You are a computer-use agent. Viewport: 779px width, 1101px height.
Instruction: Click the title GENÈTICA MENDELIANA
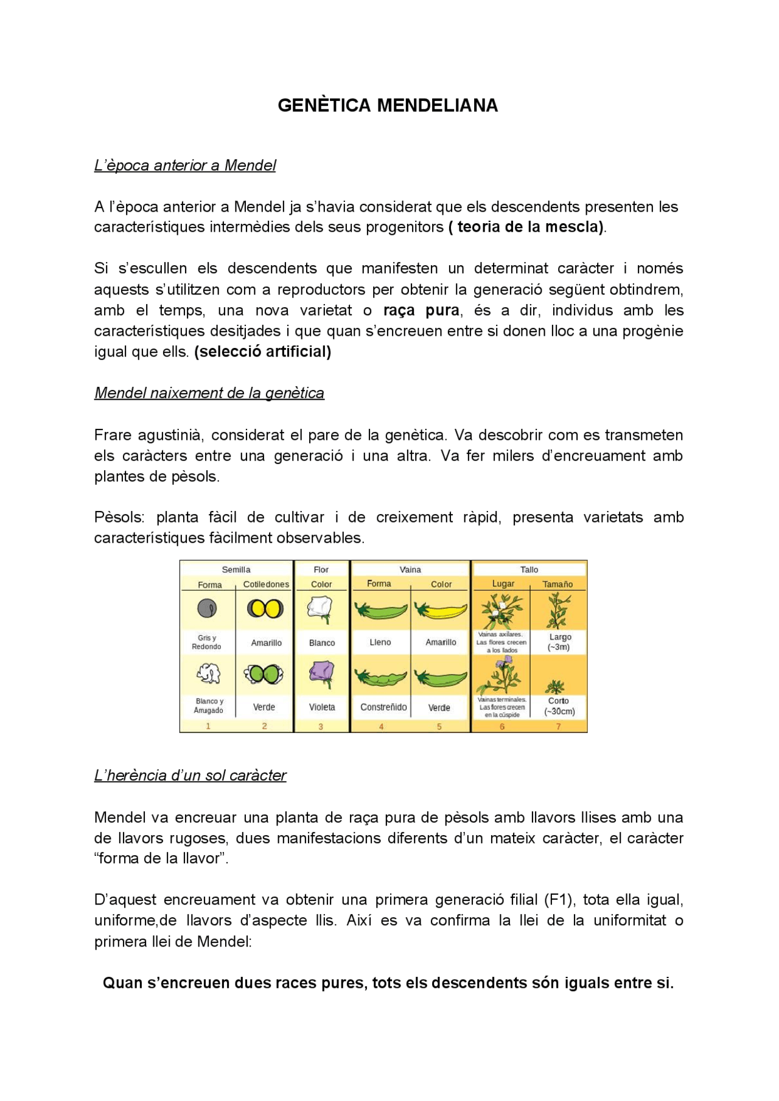tap(388, 105)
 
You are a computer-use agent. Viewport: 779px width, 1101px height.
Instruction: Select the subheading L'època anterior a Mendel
tap(185, 165)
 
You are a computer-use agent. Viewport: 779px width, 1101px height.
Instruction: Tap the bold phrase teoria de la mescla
tap(527, 227)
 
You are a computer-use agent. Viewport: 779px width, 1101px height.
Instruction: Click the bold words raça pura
tap(421, 310)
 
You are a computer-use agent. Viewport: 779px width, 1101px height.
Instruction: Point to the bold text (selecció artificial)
tap(262, 352)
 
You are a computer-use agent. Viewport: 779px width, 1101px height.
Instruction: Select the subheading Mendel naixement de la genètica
tap(209, 393)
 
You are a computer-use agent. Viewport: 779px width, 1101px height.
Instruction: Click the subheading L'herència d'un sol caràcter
tap(190, 776)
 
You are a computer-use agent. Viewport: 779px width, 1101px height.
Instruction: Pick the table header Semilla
tap(236, 570)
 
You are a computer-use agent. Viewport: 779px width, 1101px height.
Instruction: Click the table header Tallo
tap(529, 570)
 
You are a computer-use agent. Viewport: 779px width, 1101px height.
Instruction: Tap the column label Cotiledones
tap(266, 585)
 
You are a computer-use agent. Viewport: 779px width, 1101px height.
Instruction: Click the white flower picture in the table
tap(321, 609)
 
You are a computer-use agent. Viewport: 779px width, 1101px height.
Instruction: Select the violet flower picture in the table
tap(321, 675)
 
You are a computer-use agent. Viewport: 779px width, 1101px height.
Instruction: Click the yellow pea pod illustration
tap(441, 610)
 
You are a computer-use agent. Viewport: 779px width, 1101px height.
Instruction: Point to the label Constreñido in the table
tap(383, 707)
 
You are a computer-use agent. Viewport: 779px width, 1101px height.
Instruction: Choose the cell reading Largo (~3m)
tap(559, 642)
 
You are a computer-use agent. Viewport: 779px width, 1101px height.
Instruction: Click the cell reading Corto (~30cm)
tap(559, 706)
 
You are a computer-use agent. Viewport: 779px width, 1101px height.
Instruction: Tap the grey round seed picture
tap(207, 608)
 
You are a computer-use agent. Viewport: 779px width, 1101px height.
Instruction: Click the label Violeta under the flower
tap(322, 707)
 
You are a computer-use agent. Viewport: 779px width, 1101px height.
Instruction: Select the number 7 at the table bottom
tap(558, 726)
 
